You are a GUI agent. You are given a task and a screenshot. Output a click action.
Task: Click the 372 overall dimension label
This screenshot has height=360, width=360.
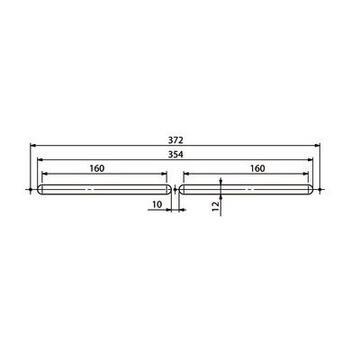tap(175, 139)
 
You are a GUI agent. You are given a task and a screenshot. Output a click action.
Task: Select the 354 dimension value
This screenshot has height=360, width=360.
tap(175, 155)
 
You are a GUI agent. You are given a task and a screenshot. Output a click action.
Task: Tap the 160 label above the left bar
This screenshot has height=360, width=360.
tap(97, 168)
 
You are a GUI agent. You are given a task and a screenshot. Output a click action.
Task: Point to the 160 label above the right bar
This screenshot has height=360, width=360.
tap(257, 168)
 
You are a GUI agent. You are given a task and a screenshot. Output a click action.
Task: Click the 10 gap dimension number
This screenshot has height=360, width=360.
tap(157, 204)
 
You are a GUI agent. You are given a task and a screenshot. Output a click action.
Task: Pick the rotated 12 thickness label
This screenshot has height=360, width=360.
tap(216, 206)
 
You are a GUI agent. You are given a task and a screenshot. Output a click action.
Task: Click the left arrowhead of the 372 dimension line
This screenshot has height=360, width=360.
tap(33, 146)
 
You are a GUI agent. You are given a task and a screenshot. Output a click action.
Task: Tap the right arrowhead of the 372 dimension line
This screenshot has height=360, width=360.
tap(317, 146)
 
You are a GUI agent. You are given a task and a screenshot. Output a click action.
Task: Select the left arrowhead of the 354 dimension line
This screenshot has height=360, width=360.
tap(40, 160)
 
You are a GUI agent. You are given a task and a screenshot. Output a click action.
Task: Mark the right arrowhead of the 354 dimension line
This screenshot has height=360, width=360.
tap(310, 160)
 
